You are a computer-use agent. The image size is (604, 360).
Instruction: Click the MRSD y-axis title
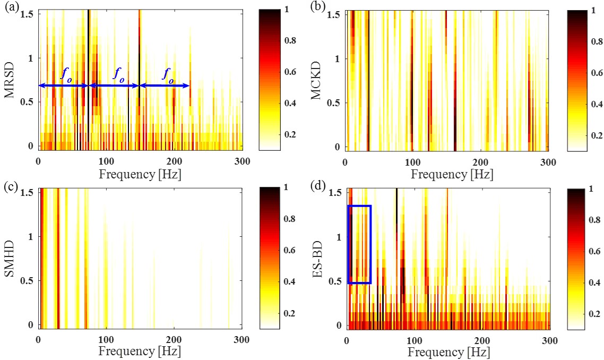[10, 79]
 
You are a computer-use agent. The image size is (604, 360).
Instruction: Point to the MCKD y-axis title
[317, 79]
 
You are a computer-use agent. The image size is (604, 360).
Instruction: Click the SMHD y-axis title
[10, 257]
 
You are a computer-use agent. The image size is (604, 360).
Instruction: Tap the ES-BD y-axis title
[317, 257]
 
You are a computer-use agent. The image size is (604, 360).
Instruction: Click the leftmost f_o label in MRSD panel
[66, 74]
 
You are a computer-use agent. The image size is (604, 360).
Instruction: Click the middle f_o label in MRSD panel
[118, 74]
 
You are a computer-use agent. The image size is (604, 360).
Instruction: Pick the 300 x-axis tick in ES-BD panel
[549, 340]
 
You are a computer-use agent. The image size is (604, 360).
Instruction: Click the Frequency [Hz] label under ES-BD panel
[448, 352]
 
